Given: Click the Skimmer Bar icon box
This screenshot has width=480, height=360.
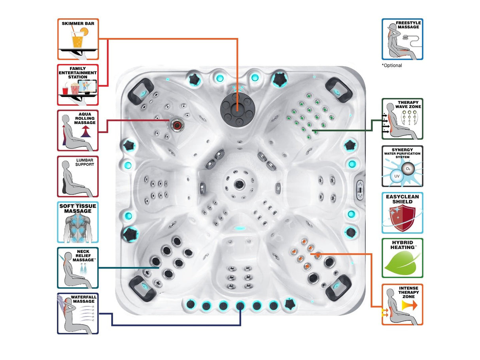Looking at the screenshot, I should (78, 39).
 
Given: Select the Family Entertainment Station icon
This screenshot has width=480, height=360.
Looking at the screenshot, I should (78, 85).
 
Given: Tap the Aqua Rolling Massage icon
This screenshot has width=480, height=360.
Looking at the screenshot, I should (78, 130).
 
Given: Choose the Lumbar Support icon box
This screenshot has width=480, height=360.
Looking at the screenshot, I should (78, 176).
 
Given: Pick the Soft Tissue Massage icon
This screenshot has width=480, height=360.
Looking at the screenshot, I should (78, 222).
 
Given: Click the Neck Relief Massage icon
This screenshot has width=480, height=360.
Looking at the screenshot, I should (78, 268).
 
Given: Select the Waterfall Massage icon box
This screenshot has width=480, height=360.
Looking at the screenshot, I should (78, 313).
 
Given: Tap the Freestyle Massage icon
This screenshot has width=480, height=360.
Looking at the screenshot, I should (402, 39).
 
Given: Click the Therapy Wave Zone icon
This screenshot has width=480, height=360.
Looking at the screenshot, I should (402, 119).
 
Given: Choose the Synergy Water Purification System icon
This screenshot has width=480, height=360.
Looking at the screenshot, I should (402, 166).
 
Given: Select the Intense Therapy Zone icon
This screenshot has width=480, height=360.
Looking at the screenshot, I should (402, 304).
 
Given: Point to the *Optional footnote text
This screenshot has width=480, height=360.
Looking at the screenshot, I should (392, 66).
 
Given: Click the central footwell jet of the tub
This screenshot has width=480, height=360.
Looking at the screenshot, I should (238, 183).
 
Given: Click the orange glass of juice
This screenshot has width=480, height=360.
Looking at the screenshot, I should (77, 40).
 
